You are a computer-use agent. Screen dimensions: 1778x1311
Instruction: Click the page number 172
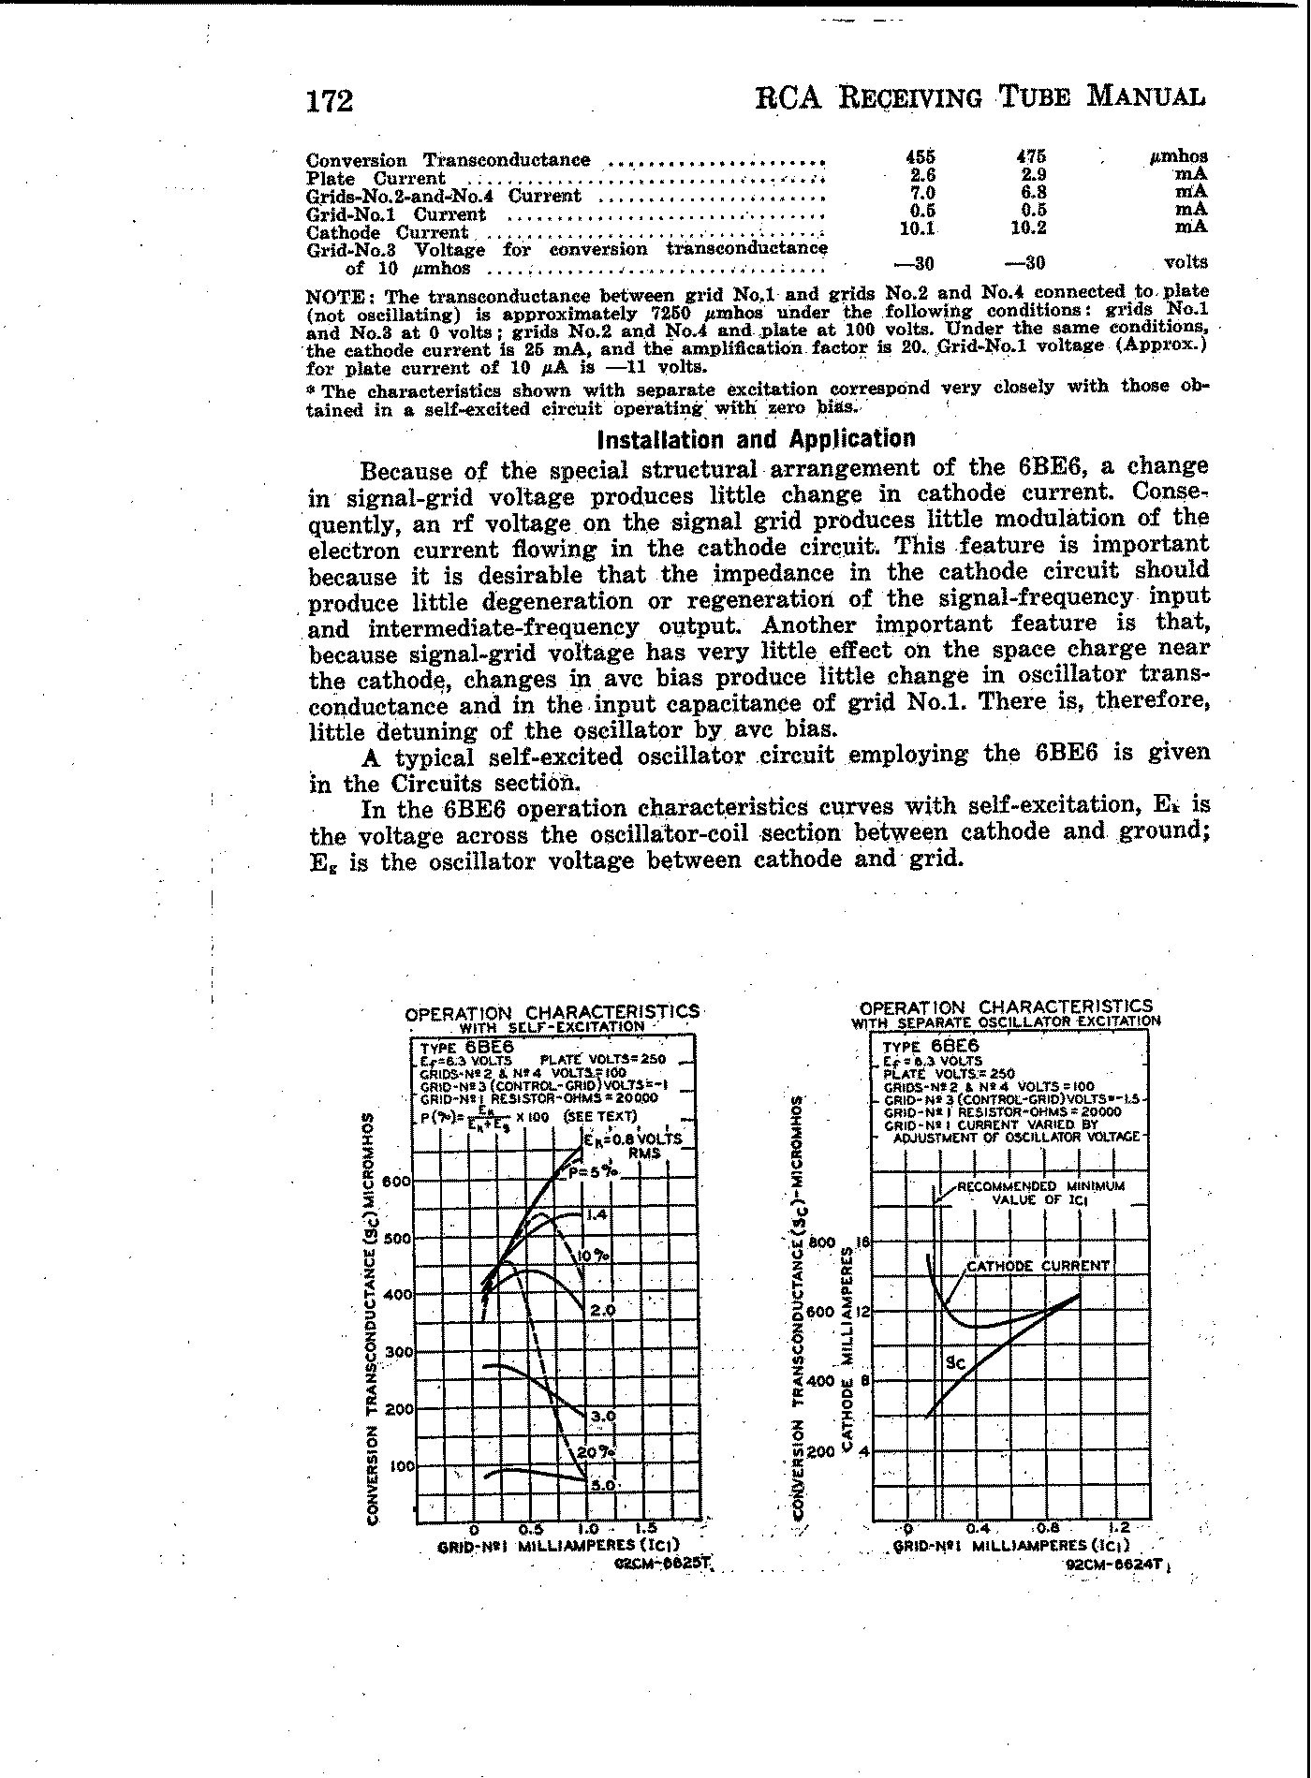click(x=330, y=100)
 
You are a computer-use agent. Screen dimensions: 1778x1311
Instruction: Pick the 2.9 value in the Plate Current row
click(x=1034, y=174)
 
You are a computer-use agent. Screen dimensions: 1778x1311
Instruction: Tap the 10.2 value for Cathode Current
click(x=1028, y=228)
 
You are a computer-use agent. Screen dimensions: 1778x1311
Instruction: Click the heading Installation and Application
click(x=756, y=439)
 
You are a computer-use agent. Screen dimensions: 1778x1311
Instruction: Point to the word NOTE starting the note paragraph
click(x=331, y=295)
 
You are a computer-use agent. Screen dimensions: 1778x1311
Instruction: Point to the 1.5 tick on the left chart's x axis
click(x=645, y=1528)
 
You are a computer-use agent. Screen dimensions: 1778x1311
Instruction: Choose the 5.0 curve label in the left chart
click(x=601, y=1485)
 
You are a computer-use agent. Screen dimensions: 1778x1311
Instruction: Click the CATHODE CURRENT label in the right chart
click(x=1038, y=1266)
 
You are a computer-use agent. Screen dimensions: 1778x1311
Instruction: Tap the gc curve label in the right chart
click(x=954, y=1364)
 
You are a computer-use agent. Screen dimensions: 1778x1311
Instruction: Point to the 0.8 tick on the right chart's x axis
click(x=1048, y=1528)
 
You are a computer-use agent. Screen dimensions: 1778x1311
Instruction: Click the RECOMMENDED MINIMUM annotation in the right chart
click(x=1039, y=1186)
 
